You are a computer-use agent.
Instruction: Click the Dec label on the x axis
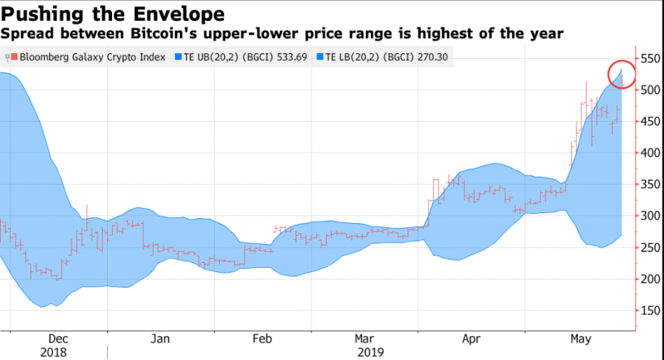click(58, 338)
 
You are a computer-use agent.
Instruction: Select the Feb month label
click(262, 338)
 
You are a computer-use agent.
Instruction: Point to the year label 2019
click(369, 352)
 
